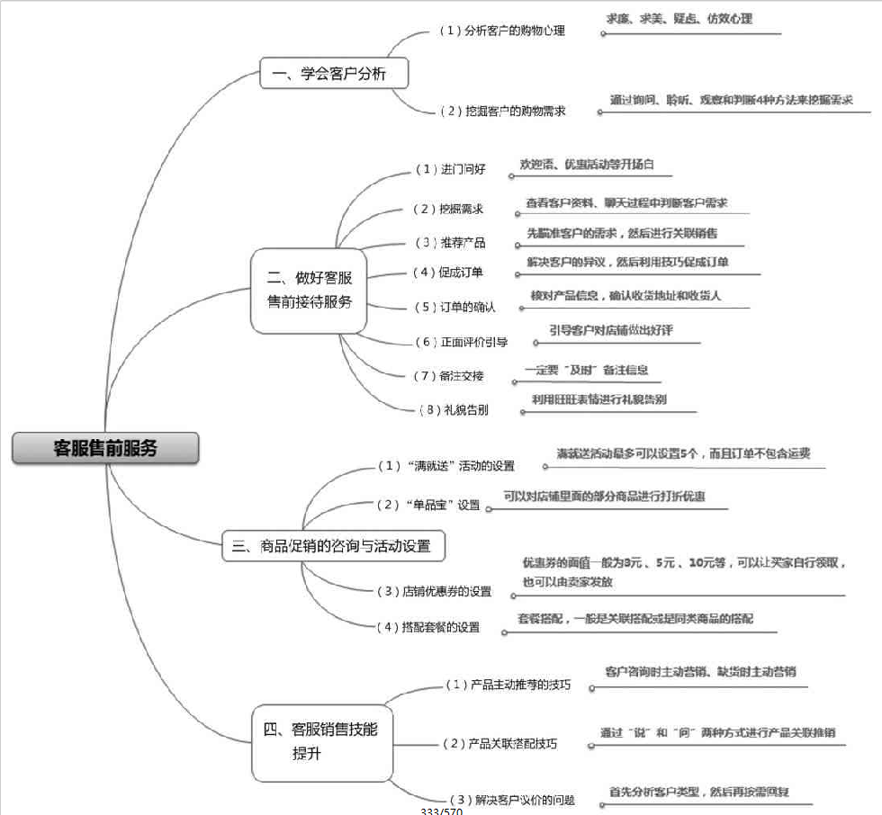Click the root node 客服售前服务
coord(105,447)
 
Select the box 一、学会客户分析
coord(334,74)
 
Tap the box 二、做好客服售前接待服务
coord(310,290)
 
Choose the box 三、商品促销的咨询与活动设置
coord(333,546)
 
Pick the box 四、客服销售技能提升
coord(321,740)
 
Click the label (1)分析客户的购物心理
coord(501,31)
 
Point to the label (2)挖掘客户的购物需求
coord(502,111)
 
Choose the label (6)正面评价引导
coord(461,342)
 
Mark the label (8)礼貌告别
coord(454,409)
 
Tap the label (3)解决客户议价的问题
coord(510,800)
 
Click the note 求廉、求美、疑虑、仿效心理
coord(679,19)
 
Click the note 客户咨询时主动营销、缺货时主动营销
coord(700,671)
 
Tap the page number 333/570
coord(441,811)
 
